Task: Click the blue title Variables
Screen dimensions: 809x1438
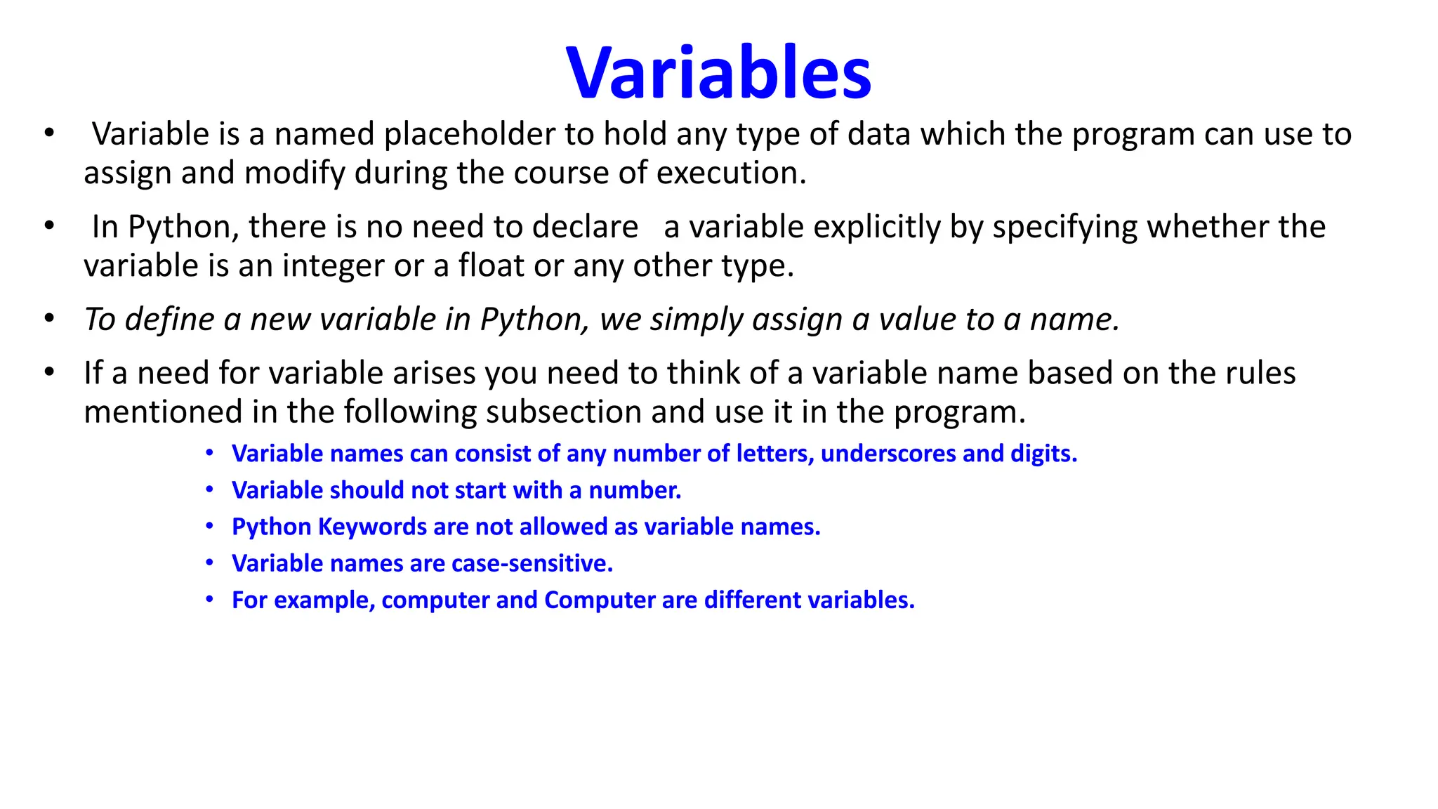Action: [718, 73]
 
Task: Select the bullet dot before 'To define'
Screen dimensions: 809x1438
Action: [49, 319]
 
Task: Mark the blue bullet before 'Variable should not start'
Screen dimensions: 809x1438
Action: [209, 489]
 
